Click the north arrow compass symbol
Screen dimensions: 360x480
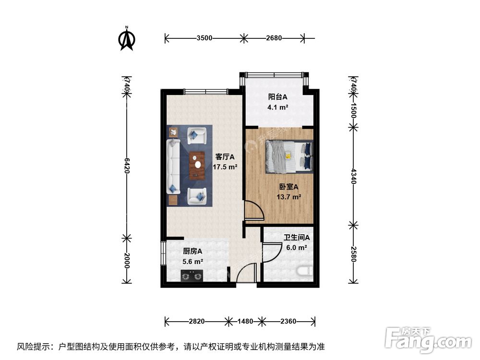(127, 38)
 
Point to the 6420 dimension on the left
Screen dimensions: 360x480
(127, 165)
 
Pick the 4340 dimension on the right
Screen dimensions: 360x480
(353, 176)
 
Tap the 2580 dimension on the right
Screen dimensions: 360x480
(353, 253)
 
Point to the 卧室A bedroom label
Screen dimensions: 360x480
(289, 187)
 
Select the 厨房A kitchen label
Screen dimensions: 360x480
(192, 251)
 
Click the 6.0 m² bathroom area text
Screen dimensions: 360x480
(296, 248)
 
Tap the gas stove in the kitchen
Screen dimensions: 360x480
(192, 276)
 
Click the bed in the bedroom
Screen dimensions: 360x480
(288, 156)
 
